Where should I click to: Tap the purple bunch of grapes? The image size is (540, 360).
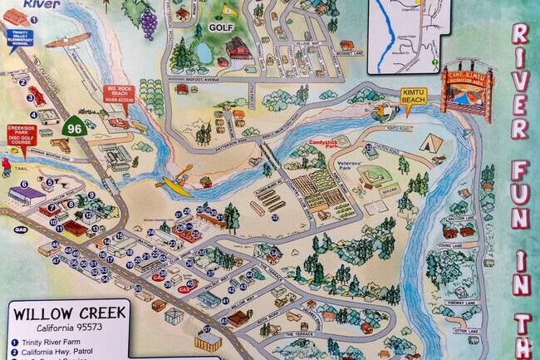[149, 22]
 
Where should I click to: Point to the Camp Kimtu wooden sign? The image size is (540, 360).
[466, 84]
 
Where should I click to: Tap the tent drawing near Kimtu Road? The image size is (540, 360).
[432, 142]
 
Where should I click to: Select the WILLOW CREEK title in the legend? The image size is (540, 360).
[69, 313]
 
